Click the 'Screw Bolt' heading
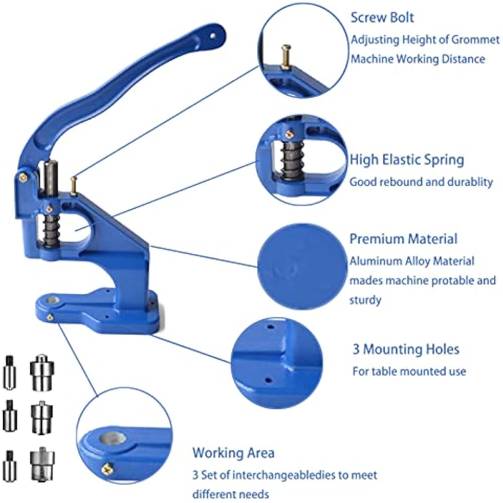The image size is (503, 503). coord(382,17)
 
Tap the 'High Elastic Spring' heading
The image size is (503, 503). coord(407,159)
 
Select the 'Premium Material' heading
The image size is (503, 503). coord(403,238)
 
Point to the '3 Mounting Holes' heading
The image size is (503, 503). coord(406,349)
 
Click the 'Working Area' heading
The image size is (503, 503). coord(233,453)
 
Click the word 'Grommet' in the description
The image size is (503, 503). coord(475,39)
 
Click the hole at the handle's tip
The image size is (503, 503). coord(212,36)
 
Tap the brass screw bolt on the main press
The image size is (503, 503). coord(74,186)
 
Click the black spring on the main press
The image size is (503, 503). coord(52,230)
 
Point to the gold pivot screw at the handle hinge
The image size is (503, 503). coord(23,177)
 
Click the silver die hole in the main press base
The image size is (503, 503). coord(52,301)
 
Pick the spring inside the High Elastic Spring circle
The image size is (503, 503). coord(292,161)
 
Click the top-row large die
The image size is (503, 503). coord(42,372)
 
